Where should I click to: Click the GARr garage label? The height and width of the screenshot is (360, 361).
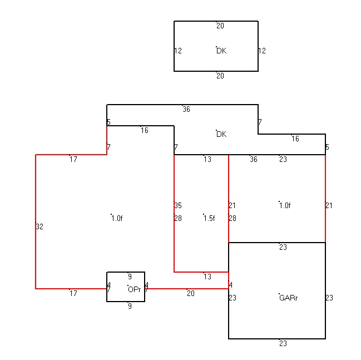pos(288,298)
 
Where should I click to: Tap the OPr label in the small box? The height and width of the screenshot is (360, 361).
pos(134,289)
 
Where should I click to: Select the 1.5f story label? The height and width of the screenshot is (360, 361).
pos(209,218)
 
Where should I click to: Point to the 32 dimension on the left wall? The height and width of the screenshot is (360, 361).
pos(39,226)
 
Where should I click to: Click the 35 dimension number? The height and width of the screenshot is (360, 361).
pos(178,205)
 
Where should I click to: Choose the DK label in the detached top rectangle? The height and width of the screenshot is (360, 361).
pos(221,51)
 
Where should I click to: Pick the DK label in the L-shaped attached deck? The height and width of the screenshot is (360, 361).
pos(221,134)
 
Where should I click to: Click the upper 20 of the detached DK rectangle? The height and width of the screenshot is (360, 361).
pos(220,26)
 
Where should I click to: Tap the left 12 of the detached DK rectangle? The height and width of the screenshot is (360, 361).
pos(178,51)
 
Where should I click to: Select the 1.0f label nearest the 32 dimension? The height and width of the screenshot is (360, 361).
pos(117,218)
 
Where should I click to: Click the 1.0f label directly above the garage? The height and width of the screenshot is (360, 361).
pos(285,205)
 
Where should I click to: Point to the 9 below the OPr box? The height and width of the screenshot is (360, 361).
pos(130,306)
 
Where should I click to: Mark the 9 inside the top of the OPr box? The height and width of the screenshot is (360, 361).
pos(130,277)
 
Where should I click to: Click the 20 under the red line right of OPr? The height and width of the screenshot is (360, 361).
pos(191,293)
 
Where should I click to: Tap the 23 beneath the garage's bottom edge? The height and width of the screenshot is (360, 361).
pos(283,343)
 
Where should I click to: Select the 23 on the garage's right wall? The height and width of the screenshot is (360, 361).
pos(329,298)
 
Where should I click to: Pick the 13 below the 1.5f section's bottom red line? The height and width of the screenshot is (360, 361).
pos(207,277)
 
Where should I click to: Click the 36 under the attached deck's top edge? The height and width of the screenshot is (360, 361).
pos(186,109)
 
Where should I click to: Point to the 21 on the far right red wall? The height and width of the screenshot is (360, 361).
pos(329,205)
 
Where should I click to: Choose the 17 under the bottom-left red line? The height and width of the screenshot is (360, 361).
pos(73,293)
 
